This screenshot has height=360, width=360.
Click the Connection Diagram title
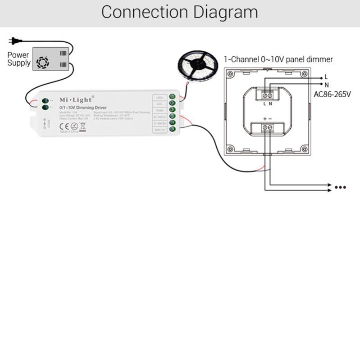coord(179,13)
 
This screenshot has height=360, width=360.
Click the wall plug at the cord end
coord(15,41)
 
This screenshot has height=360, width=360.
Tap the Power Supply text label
coord(18,59)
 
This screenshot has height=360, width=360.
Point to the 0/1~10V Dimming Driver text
coord(82,108)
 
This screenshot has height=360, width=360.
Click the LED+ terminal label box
coord(159,97)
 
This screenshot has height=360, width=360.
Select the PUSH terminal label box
coord(159,110)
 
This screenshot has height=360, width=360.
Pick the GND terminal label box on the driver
coord(159,130)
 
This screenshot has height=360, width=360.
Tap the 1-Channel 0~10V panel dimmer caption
coord(278,59)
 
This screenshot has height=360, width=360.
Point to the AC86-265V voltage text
coord(332,94)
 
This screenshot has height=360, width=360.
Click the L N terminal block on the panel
coord(268,95)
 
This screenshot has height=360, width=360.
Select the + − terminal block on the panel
coord(268,128)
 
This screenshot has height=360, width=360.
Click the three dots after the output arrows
coord(339,187)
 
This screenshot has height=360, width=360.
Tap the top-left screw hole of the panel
coord(231,75)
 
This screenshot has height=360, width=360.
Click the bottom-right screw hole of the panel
coord(304,149)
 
